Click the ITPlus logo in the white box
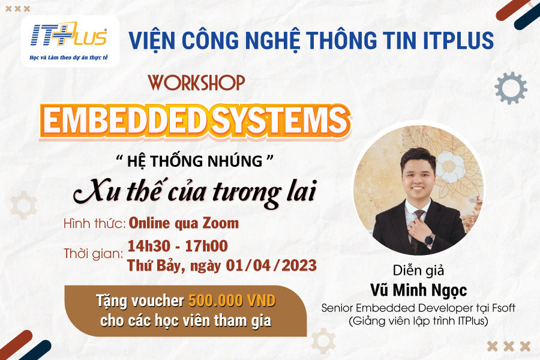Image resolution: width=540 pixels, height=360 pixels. pos(69,34)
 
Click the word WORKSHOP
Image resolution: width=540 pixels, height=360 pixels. pos(196,83)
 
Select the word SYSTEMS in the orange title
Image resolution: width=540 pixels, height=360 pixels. pos(278,121)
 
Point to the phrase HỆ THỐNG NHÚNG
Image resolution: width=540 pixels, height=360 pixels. pos(194,161)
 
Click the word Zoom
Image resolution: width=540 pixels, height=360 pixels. pos(220,223)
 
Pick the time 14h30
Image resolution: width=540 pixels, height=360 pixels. pos(149,246)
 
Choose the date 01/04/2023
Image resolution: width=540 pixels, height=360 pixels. pos(271,265)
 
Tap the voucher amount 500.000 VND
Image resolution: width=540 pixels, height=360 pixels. pos(232,301)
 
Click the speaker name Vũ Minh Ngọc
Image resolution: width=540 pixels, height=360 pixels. pos(418,290)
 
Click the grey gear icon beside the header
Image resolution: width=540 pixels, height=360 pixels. pos(511,88)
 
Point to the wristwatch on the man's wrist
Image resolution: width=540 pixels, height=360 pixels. pos(429,239)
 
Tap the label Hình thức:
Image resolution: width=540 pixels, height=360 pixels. pos(94,224)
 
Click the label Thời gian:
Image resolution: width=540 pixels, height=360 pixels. pos(94,254)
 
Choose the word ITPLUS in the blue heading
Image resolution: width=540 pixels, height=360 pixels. pos(458,40)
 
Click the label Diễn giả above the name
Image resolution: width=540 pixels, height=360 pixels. pos(418,271)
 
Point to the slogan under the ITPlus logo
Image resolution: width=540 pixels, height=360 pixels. pos(68,58)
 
